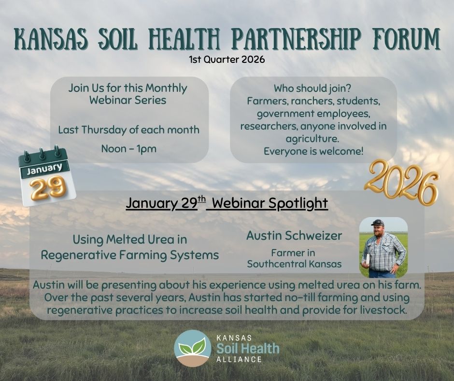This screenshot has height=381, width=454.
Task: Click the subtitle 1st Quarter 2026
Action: tap(227, 59)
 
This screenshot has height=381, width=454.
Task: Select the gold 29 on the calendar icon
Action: tap(48, 188)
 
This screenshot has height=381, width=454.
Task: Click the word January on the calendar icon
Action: tap(44, 169)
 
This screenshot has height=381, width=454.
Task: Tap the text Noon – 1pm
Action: tap(129, 149)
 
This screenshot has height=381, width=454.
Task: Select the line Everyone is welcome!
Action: tap(313, 151)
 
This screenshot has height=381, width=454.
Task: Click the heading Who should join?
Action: tap(312, 88)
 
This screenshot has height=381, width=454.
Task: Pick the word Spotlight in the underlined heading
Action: tap(298, 203)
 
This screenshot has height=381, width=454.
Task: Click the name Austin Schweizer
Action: tap(294, 235)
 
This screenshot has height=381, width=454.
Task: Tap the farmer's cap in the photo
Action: tap(378, 223)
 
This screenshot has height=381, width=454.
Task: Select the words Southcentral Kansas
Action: tap(294, 264)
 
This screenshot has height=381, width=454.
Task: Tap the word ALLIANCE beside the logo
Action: tap(239, 360)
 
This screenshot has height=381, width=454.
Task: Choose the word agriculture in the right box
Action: tap(312, 139)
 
